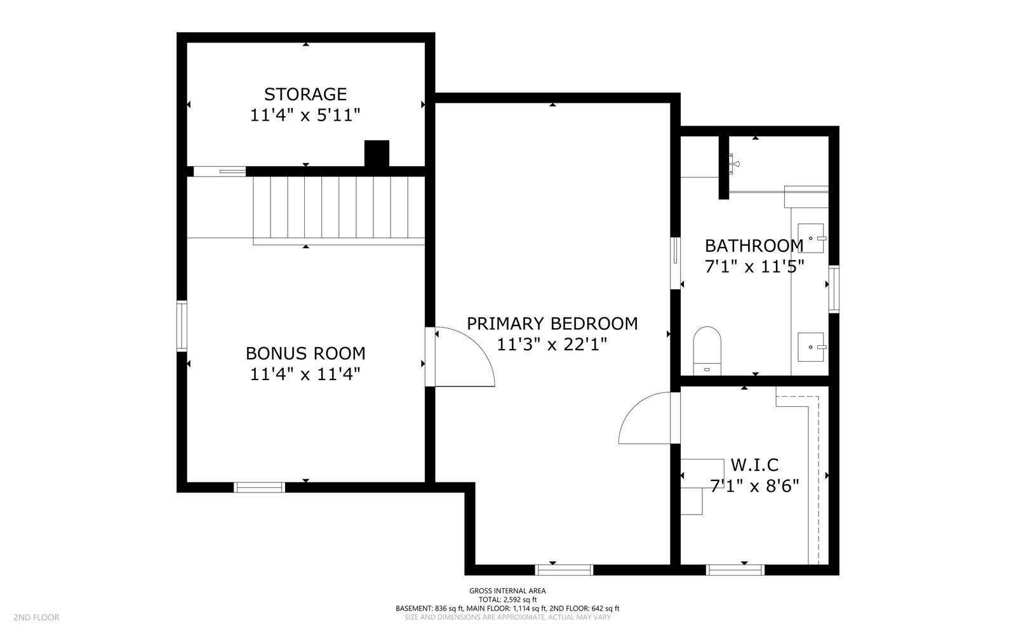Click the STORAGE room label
pos(305,95)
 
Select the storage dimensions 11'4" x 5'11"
pos(305,115)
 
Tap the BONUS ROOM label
pos(305,353)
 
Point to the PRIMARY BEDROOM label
pos(552,324)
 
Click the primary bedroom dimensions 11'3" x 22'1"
pos(552,345)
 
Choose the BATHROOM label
pos(754,246)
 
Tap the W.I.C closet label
pos(754,465)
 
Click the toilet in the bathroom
pos(707,351)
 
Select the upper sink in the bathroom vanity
pos(810,238)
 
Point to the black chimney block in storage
pos(377,154)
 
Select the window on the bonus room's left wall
pos(182,326)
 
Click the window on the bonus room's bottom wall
pos(260,487)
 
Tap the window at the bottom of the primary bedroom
pos(564,570)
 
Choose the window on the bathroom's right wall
pos(834,289)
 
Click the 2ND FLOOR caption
pos(36,617)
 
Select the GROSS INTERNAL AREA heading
pos(507,591)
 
